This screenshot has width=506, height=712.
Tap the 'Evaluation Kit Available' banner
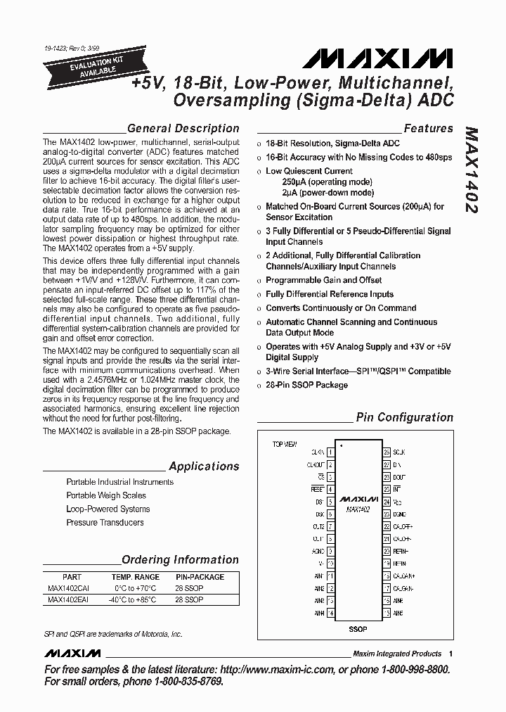point(79,67)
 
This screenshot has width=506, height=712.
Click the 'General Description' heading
point(183,129)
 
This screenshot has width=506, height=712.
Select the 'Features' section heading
point(428,129)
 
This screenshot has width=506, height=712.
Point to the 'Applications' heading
point(204,466)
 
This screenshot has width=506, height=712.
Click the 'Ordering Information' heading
point(180,560)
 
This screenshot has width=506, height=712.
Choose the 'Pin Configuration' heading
point(404,417)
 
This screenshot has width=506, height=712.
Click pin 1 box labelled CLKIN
point(330,452)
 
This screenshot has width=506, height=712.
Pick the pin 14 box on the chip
point(330,614)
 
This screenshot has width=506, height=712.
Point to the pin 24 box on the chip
point(387,490)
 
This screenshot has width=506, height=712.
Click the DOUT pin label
point(399,477)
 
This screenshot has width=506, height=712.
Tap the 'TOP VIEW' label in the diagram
point(285,445)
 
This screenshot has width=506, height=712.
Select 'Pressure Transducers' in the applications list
point(105,523)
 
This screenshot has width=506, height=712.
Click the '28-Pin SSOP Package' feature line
point(306,385)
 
